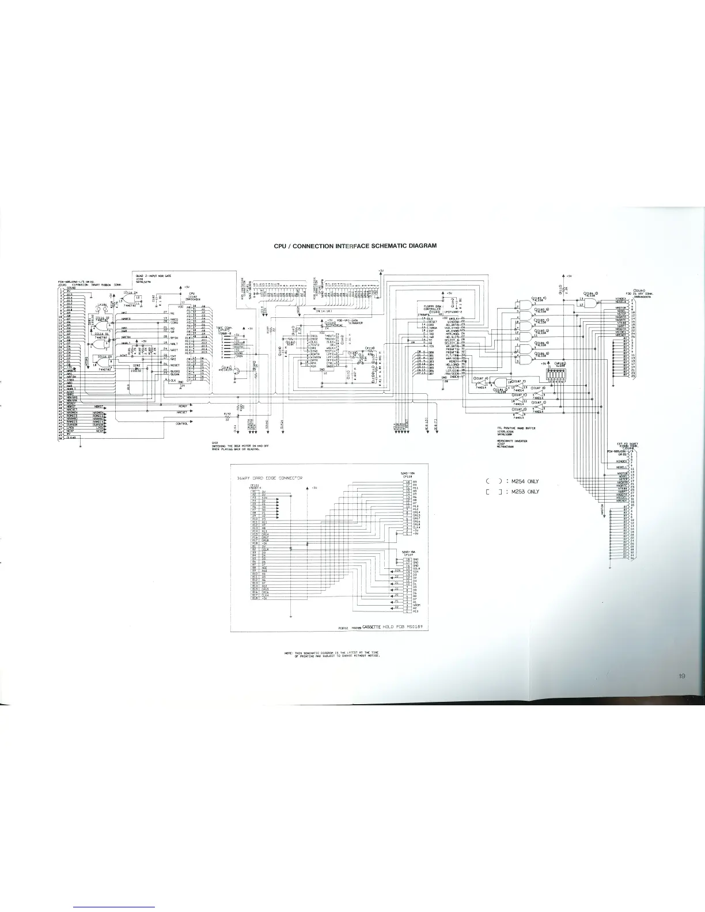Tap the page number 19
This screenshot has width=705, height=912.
pyautogui.click(x=681, y=677)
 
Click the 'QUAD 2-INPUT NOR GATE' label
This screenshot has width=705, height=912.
pyautogui.click(x=153, y=276)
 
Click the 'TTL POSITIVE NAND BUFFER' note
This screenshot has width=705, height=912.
pyautogui.click(x=516, y=428)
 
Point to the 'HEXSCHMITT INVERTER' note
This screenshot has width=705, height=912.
pyautogui.click(x=512, y=441)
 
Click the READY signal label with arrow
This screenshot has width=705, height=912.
pyautogui.click(x=183, y=405)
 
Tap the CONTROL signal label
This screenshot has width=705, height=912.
pyautogui.click(x=182, y=424)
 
